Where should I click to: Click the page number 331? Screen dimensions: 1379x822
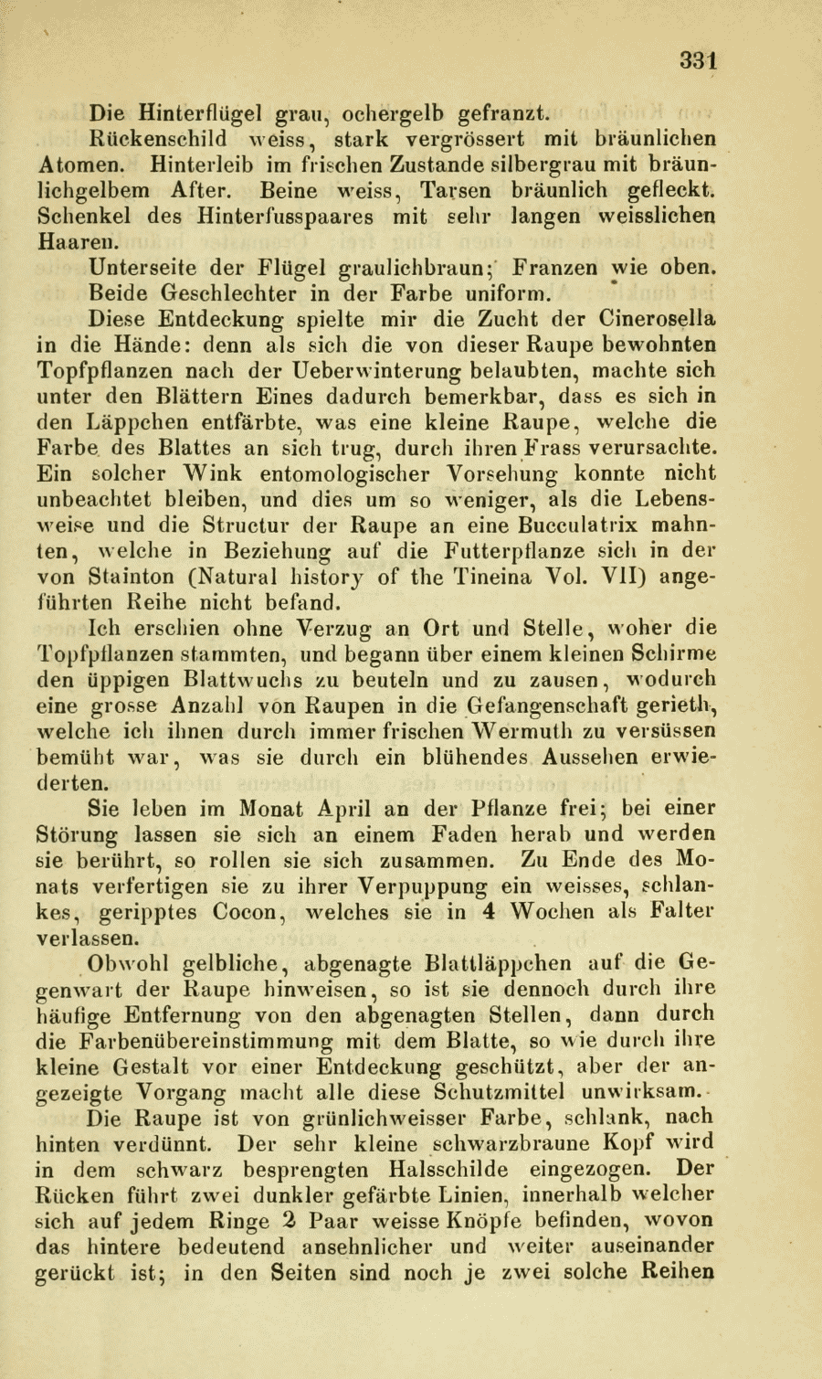tap(699, 60)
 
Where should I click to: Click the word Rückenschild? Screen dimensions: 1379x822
tap(157, 140)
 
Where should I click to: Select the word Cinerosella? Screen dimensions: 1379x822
tap(658, 320)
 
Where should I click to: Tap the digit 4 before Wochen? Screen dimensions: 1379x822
tap(490, 912)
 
